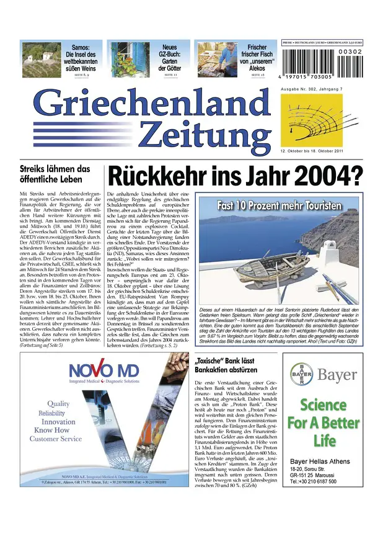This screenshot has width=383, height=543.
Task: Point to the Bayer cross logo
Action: (302, 374)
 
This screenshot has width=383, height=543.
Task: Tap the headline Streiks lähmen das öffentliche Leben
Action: (55, 174)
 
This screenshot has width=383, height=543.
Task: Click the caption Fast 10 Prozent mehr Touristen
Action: (279, 205)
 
